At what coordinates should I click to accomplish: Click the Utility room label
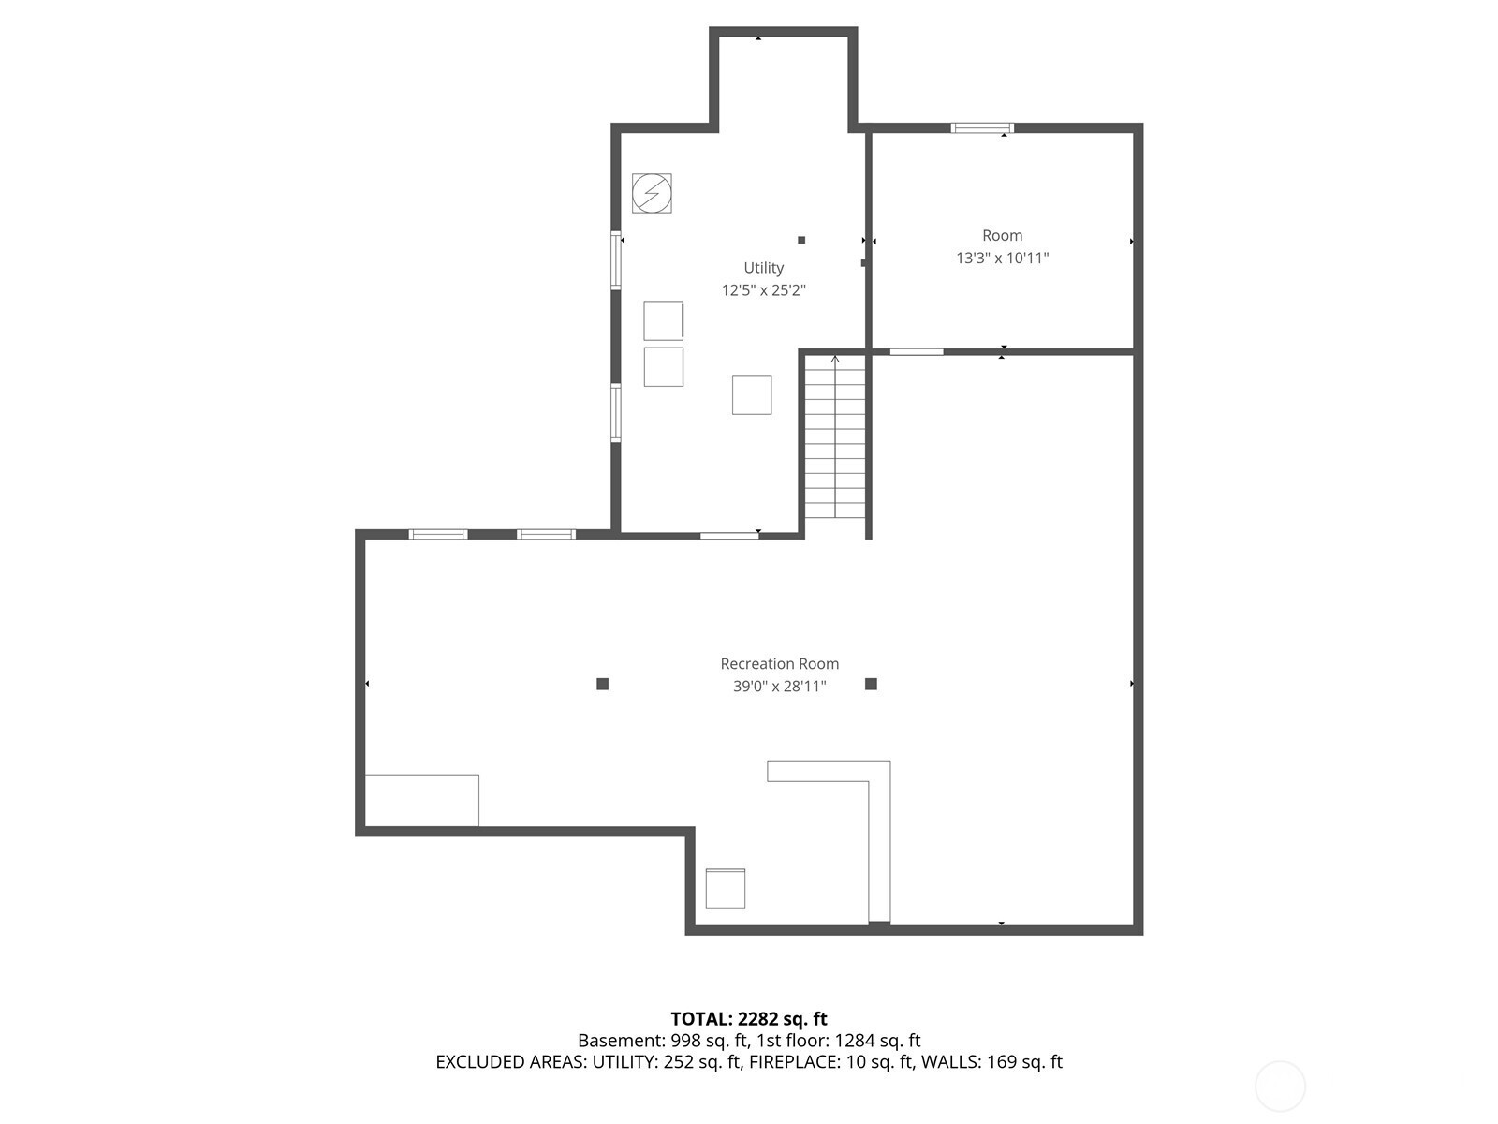pos(763,268)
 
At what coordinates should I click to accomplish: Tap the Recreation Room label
pos(779,663)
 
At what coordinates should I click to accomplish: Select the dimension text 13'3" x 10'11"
pos(1002,258)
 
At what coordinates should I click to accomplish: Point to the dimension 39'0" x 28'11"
pos(779,686)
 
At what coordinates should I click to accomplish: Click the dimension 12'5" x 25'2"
pos(764,290)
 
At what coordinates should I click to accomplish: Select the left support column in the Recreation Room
pos(603,684)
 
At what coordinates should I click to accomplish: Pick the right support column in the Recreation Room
pos(871,684)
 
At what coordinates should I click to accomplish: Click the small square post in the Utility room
pos(801,240)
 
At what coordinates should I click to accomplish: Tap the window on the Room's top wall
pos(982,127)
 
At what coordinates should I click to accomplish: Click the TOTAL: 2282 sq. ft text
pos(749,1019)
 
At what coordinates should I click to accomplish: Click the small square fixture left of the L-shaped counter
pos(725,888)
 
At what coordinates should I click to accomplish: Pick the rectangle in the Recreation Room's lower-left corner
pos(421,800)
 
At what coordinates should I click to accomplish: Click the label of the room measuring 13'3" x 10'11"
pos(1002,235)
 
